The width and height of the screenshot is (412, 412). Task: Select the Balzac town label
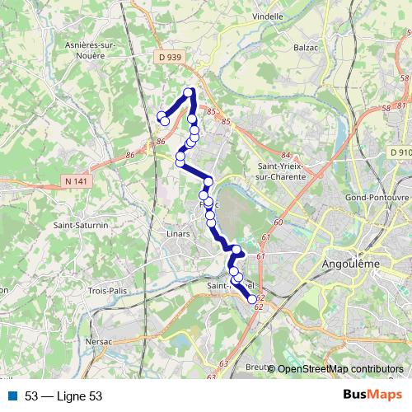pos(306,48)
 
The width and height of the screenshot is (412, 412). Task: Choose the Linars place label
pos(178,234)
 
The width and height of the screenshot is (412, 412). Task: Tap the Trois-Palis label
pos(110,290)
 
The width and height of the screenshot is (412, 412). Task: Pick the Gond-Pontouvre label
pos(377,198)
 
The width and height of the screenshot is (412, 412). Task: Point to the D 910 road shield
pos(400,152)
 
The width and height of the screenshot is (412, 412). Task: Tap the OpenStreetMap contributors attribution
pos(340,369)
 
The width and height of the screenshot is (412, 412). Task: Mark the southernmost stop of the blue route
pos(252,300)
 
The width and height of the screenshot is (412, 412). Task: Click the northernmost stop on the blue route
pos(190,92)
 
